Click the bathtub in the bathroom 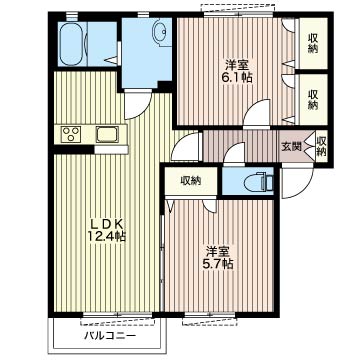pyautogui.click(x=72, y=44)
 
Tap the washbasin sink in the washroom pyautogui.click(x=161, y=33)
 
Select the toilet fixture pyautogui.click(x=258, y=182)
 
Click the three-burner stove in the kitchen pyautogui.click(x=71, y=135)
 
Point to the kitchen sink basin pyautogui.click(x=108, y=135)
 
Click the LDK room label pyautogui.click(x=106, y=223)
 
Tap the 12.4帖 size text pyautogui.click(x=106, y=236)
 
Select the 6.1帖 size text pyautogui.click(x=238, y=77)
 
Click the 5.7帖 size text pyautogui.click(x=218, y=264)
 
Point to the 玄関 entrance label pyautogui.click(x=292, y=147)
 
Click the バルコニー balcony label pyautogui.click(x=110, y=335)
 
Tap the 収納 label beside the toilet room pyautogui.click(x=191, y=181)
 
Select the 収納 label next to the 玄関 pyautogui.click(x=321, y=147)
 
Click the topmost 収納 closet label pyautogui.click(x=312, y=44)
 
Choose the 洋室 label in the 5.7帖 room pyautogui.click(x=218, y=251)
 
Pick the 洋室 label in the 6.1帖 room pyautogui.click(x=238, y=64)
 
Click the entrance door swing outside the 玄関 pyautogui.click(x=298, y=182)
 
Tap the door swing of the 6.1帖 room pyautogui.click(x=256, y=112)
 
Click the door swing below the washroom pyautogui.click(x=138, y=105)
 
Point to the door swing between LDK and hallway pyautogui.click(x=186, y=147)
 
